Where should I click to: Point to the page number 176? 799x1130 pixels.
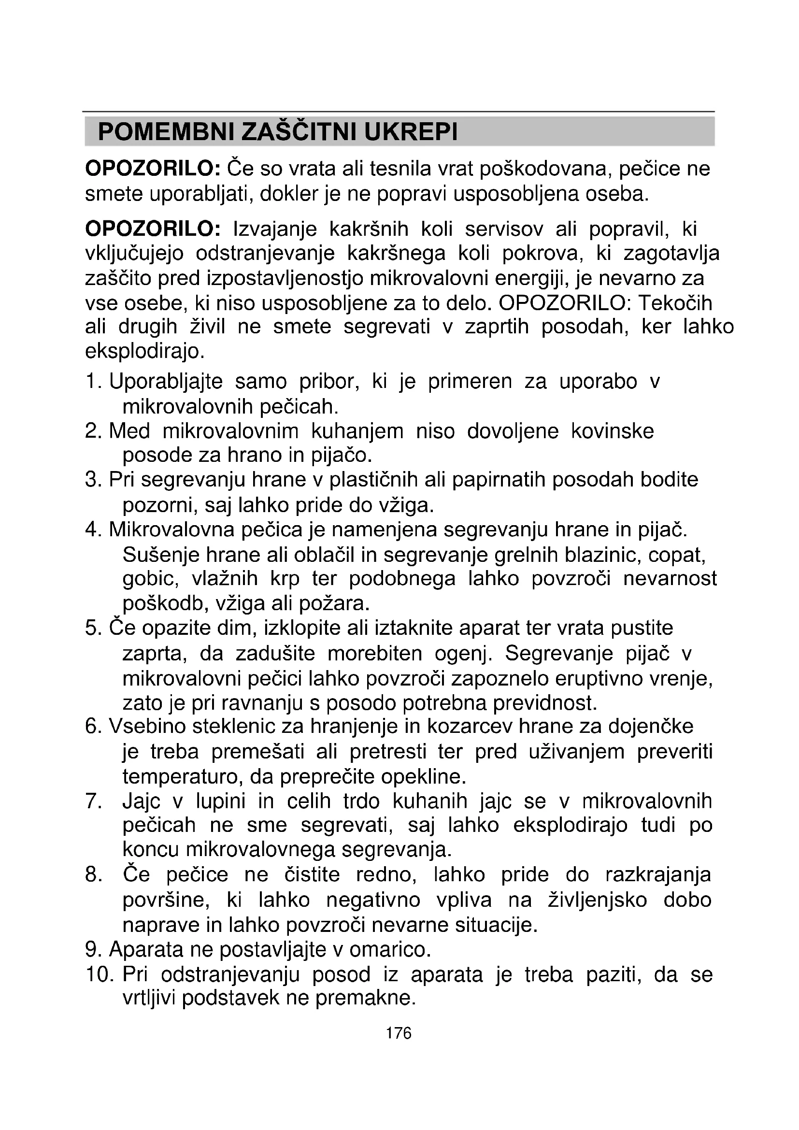399,1033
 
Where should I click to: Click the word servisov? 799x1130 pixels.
504,229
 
